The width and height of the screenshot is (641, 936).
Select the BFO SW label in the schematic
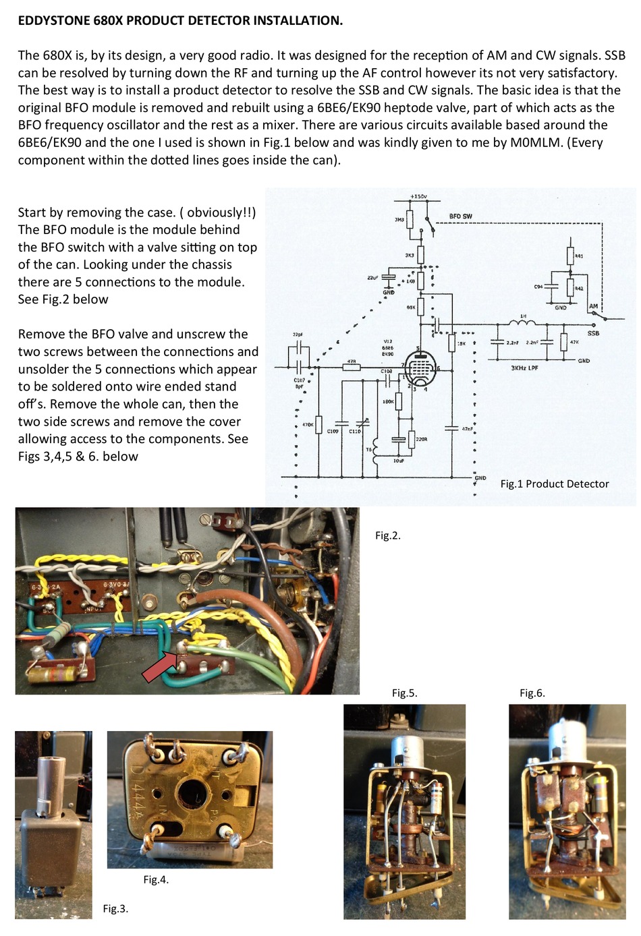pos(460,216)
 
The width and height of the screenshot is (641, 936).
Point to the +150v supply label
pos(418,196)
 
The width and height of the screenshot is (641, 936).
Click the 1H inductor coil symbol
pos(523,324)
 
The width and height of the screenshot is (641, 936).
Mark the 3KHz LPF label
pos(524,368)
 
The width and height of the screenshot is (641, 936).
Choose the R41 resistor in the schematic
pos(570,256)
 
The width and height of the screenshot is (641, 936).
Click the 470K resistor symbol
pos(318,425)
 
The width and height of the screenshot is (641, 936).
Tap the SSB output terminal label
pos(593,333)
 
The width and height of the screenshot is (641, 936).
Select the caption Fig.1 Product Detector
pos(554,484)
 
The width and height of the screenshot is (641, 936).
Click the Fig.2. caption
pos(388,535)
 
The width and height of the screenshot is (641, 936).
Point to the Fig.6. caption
pos(532,693)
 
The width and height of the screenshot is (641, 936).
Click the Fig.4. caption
pos(156,879)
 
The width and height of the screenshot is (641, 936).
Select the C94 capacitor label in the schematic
pos(538,287)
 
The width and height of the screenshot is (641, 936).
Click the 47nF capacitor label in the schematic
pos(467,429)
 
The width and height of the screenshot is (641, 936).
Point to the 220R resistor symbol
pos(412,440)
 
